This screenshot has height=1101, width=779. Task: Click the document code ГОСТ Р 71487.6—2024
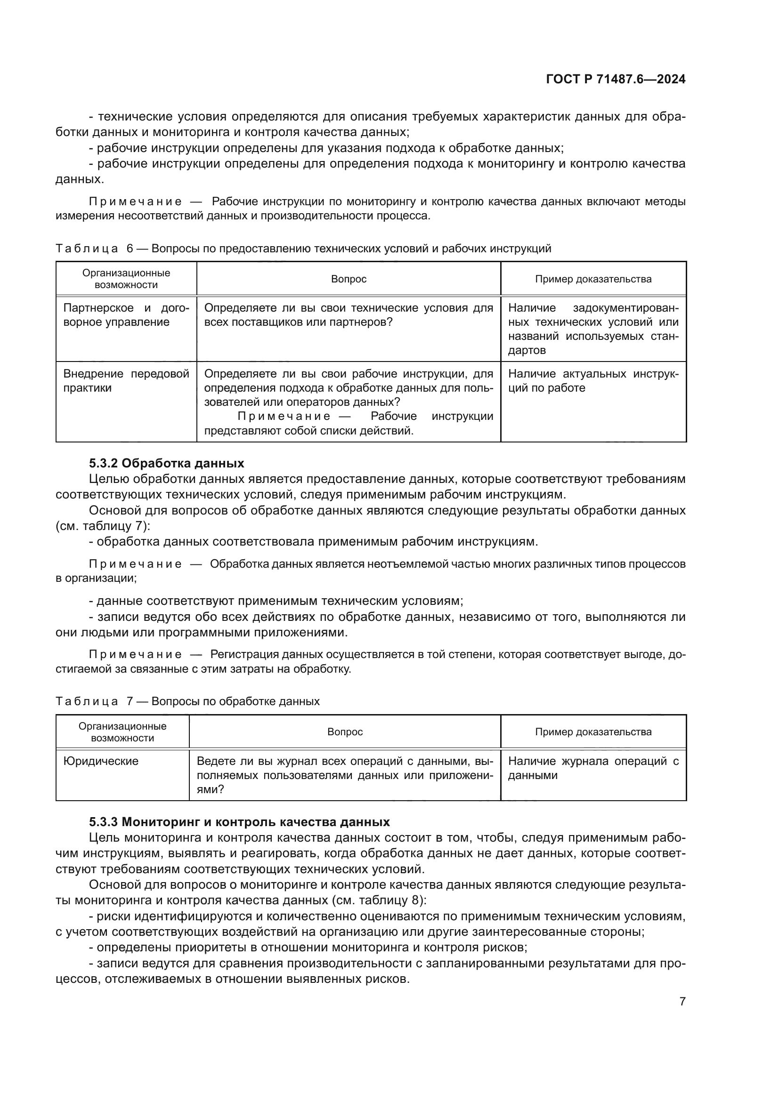[616, 80]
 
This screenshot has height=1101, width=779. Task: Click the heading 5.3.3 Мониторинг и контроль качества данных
[239, 822]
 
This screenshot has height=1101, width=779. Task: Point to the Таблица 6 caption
[303, 249]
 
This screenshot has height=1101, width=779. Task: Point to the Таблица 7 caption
[187, 701]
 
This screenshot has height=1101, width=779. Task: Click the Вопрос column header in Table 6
[349, 279]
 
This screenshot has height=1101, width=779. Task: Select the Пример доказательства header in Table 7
[593, 732]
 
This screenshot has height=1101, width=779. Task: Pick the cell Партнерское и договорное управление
[126, 315]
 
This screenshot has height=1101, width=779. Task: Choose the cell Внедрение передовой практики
[126, 381]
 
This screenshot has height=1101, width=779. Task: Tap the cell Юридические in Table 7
[101, 761]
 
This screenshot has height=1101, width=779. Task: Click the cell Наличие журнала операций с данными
[593, 768]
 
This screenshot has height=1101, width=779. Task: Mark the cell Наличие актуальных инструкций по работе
[593, 381]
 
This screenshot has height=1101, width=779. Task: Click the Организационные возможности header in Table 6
[126, 279]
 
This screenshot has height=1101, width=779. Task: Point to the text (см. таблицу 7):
[103, 526]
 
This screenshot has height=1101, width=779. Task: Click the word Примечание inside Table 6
[284, 416]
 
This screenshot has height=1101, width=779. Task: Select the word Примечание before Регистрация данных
[135, 655]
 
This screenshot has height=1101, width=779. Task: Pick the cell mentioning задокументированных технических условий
[593, 329]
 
